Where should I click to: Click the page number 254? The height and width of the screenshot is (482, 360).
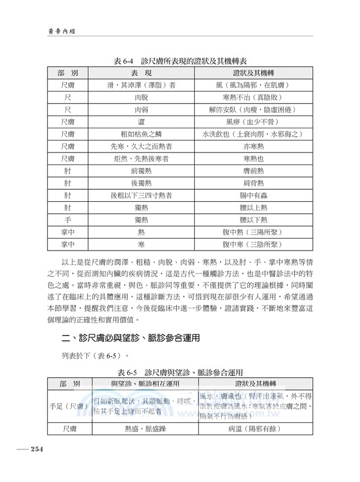point(31,449)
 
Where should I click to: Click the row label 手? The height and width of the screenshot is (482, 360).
point(68,220)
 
